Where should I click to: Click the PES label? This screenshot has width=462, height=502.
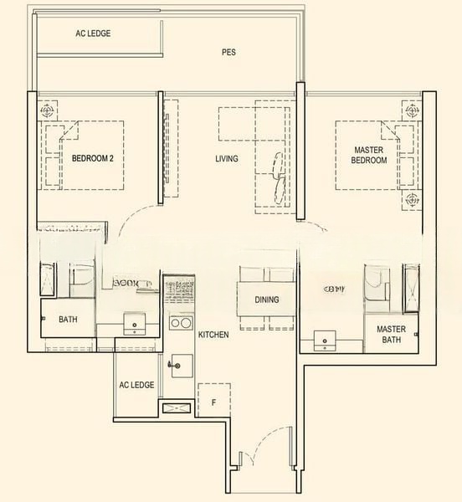pyautogui.click(x=228, y=52)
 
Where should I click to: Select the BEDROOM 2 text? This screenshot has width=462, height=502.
pyautogui.click(x=92, y=157)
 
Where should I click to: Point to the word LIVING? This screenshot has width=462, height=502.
pyautogui.click(x=226, y=158)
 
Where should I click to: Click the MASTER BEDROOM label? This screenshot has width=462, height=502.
pyautogui.click(x=368, y=155)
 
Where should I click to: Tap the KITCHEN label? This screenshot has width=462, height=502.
pyautogui.click(x=213, y=335)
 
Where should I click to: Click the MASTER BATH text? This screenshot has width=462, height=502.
pyautogui.click(x=391, y=335)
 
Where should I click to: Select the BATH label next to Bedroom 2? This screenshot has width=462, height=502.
pyautogui.click(x=68, y=320)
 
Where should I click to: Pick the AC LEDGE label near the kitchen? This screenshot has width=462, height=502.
pyautogui.click(x=136, y=385)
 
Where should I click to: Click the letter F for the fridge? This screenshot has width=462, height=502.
pyautogui.click(x=214, y=402)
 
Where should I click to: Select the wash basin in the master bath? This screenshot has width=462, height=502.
pyautogui.click(x=325, y=340)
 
